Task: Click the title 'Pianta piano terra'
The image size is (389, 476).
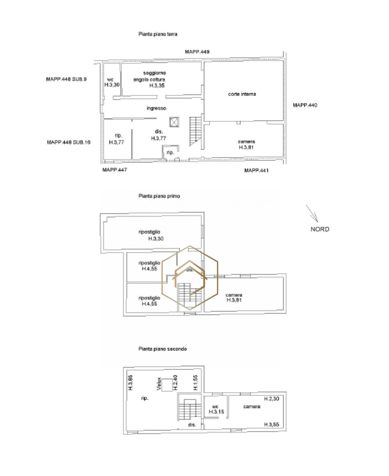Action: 158,34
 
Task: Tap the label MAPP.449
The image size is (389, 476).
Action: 197,52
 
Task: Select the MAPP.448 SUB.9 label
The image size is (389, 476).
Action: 66,79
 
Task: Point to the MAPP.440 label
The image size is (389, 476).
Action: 305,105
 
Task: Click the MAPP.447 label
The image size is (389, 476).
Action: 115,170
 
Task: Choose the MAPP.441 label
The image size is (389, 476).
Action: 256,171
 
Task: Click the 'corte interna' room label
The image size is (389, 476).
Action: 242,94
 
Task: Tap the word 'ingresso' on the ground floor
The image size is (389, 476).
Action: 156,108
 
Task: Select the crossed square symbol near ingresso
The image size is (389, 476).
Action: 174,122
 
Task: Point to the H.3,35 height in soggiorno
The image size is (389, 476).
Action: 157,86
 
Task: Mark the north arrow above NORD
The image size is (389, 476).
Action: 312,213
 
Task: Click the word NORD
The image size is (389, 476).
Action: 320,229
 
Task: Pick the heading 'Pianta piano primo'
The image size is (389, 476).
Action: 159,196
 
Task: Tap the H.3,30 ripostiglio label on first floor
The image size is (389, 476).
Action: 156,239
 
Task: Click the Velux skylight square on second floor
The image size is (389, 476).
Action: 167,385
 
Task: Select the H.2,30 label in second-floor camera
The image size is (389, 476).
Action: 271,399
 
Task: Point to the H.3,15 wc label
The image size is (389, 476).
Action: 216,412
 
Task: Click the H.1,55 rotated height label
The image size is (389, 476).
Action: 196,382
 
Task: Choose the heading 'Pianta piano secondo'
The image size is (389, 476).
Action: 162,349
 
